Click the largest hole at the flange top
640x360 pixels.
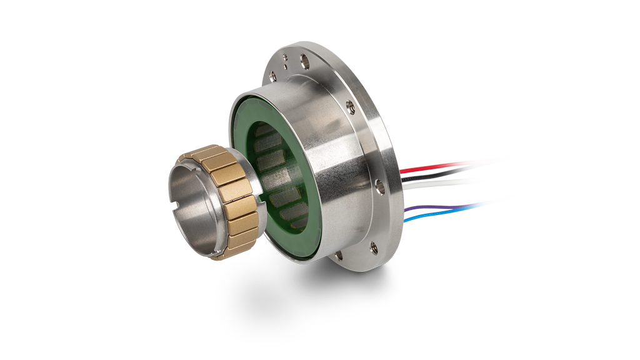pos(305,61)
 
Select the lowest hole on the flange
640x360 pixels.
pos(338,254)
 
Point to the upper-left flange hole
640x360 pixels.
pos(273,76)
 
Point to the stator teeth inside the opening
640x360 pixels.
pos(275,181)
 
